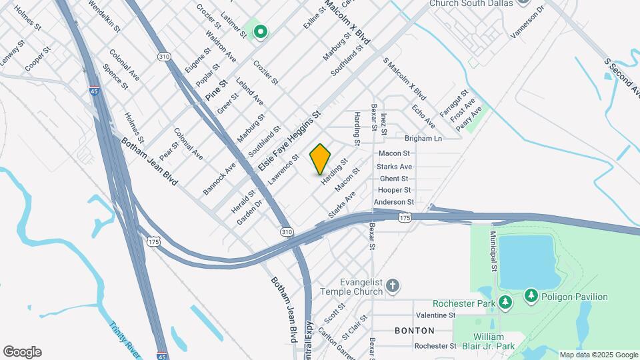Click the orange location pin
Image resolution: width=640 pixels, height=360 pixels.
[x=321, y=159]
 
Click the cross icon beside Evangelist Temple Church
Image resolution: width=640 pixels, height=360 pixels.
[x=393, y=287]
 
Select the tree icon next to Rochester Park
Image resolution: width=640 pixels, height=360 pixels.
[x=505, y=303]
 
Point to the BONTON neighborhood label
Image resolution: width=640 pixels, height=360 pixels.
[x=415, y=331]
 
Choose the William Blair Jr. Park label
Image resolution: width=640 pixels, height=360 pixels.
[x=494, y=341]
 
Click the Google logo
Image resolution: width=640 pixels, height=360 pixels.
[x=22, y=352]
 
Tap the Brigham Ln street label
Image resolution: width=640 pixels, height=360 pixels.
[x=423, y=139]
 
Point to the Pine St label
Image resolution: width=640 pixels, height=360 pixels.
[x=217, y=90]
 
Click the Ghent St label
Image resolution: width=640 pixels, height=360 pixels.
[x=393, y=179]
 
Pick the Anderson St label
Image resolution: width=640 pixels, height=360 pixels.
[x=394, y=202]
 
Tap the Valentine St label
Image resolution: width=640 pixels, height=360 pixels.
[x=435, y=315]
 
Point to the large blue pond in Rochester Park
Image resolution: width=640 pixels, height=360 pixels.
[x=527, y=260]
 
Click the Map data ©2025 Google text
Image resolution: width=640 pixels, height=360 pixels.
[x=599, y=355]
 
